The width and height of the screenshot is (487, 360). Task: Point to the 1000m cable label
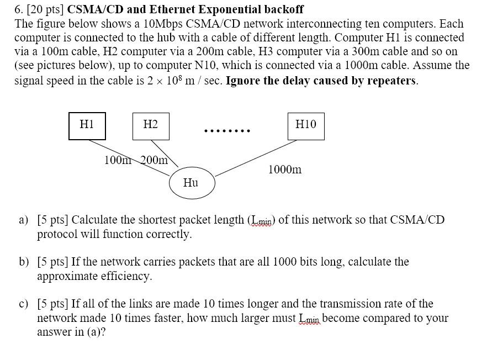pos(285,170)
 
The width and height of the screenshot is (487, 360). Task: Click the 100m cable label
pos(118,160)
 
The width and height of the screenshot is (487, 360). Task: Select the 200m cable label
pos(154,160)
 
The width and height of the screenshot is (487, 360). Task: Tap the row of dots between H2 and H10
pos(227,131)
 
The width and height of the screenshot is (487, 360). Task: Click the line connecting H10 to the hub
pos(256,158)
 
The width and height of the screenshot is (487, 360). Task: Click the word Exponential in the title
pos(230,9)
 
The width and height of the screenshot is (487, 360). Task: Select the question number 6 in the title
pos(18,9)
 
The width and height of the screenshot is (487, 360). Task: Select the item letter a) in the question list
pos(23,220)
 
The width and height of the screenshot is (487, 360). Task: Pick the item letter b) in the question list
pos(24,262)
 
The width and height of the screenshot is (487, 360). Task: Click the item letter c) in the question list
pos(23,304)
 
